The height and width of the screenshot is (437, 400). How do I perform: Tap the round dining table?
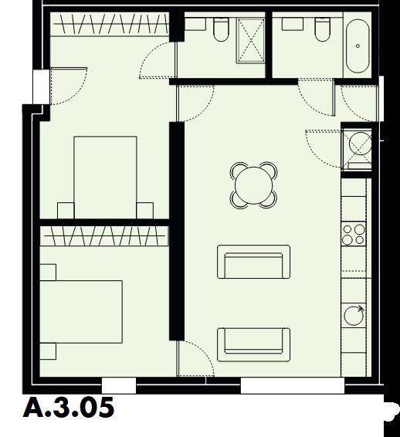(254, 185)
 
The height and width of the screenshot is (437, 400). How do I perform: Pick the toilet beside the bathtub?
(321, 29)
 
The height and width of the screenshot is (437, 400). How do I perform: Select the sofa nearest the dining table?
(254, 263)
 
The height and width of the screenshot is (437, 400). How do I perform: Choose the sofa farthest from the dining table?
(254, 344)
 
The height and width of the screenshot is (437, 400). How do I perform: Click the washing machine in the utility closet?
(358, 144)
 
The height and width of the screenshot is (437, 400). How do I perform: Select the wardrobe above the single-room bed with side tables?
(105, 234)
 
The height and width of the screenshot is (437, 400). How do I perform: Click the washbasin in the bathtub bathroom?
(293, 24)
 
